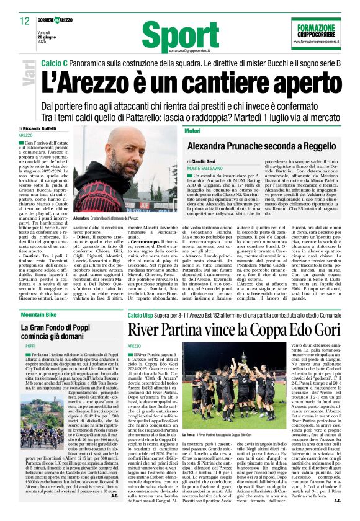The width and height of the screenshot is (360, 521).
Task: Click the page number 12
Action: point(24,20)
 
